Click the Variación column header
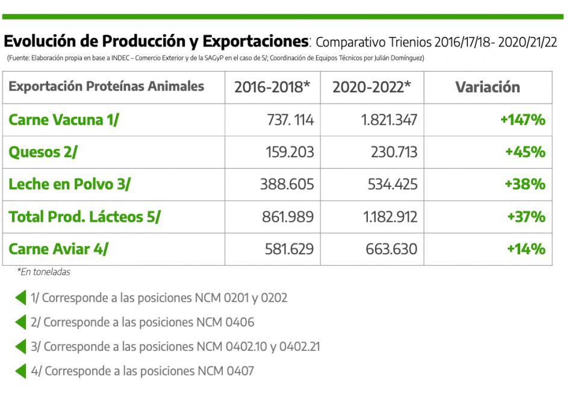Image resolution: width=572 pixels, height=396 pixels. [487, 87]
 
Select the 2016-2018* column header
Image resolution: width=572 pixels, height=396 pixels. [272, 87]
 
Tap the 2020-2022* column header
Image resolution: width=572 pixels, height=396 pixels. [371, 87]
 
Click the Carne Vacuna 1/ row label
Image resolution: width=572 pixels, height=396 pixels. [64, 119]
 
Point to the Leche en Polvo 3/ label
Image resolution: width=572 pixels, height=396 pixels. [69, 184]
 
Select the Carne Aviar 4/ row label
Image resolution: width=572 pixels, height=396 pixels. [59, 248]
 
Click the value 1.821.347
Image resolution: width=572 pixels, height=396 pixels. [390, 119]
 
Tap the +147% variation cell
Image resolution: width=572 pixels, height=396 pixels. [523, 119]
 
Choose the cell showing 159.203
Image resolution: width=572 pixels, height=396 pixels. [290, 152]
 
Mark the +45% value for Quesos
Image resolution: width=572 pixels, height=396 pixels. [525, 152]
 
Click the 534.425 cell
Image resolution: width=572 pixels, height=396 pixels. [393, 184]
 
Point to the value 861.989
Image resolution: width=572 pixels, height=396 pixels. [288, 216]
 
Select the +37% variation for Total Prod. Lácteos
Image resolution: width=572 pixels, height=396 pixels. [526, 216]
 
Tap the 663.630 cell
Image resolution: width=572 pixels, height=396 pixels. [391, 248]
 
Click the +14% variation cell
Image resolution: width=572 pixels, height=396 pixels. [526, 248]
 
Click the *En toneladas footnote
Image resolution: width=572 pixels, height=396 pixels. [43, 272]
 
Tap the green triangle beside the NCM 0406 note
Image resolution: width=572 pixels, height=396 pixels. [20, 322]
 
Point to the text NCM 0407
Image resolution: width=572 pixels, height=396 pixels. [225, 371]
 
